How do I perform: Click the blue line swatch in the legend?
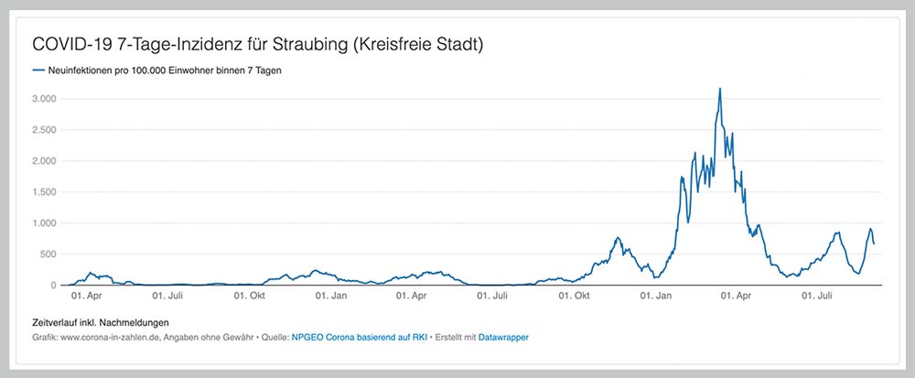tap(38, 70)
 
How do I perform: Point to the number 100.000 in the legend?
tap(156, 70)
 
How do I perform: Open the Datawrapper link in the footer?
tap(503, 338)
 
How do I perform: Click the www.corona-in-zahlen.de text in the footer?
tap(108, 338)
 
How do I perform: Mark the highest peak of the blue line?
tap(720, 89)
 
